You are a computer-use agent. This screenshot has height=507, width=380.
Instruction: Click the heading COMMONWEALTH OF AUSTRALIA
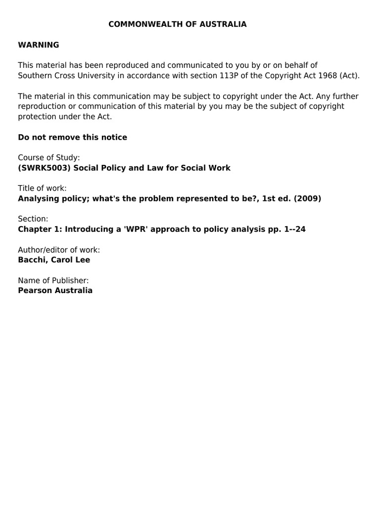(x=178, y=24)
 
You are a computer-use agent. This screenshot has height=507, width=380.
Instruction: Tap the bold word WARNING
(x=39, y=45)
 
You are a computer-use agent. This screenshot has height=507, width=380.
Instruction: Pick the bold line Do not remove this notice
(x=72, y=137)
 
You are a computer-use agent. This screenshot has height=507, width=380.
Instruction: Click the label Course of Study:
(x=49, y=157)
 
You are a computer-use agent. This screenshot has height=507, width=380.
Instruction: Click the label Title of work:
(x=42, y=188)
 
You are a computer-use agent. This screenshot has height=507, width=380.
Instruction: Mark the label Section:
(x=33, y=219)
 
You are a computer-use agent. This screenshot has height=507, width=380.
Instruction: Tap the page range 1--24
(x=295, y=229)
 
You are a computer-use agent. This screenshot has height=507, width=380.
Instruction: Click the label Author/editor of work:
(x=59, y=250)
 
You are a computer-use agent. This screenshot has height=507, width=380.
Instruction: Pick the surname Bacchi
(x=32, y=260)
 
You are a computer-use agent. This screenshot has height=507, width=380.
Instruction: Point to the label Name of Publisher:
(x=53, y=280)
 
